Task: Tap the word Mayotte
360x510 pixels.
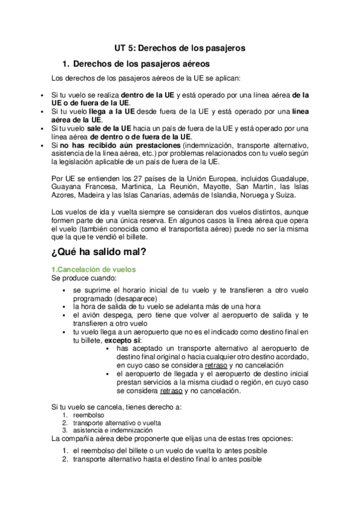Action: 206,188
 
